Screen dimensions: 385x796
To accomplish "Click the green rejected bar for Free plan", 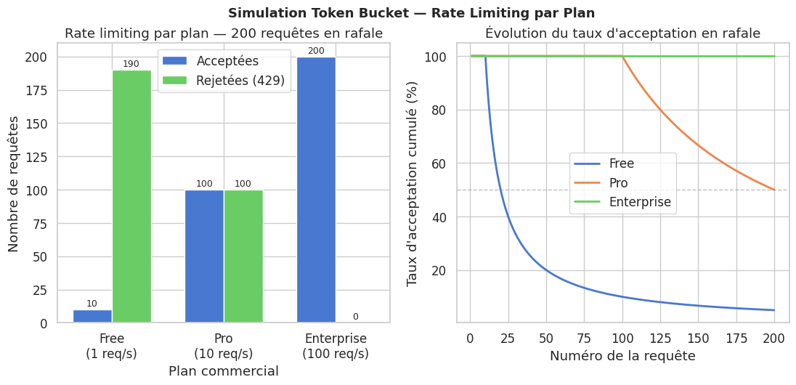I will [131, 196].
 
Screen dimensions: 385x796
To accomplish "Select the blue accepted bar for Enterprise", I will [316, 190].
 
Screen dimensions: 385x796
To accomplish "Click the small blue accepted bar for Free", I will [92, 316].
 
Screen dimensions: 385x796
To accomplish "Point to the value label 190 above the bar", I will [131, 64].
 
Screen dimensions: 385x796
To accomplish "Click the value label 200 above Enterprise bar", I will [316, 51].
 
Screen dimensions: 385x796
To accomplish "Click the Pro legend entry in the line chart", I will [618, 183].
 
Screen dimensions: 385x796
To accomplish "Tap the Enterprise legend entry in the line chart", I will [640, 202].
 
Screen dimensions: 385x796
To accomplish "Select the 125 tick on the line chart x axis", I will [660, 338].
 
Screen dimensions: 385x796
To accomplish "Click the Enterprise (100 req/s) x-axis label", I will [336, 346].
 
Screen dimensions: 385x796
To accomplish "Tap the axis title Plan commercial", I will [224, 371].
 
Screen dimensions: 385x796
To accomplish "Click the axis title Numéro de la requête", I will [622, 356].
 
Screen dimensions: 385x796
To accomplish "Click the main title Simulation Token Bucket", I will [411, 13].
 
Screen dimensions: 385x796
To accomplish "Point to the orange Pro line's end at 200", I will [774, 190].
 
